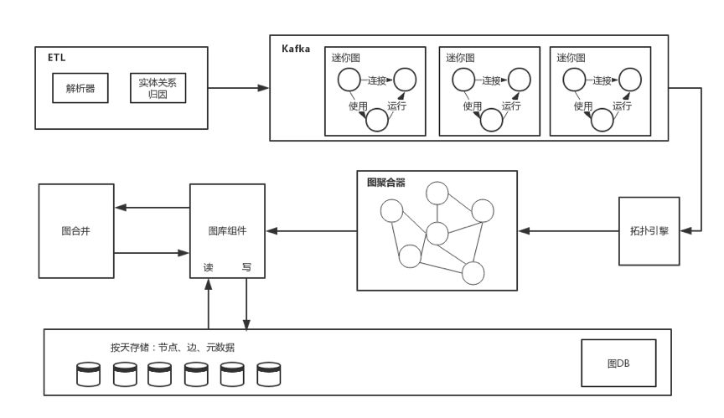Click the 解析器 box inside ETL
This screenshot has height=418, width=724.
pos(80,88)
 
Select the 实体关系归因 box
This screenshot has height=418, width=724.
pos(157,88)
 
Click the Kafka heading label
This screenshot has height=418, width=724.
pos(296,49)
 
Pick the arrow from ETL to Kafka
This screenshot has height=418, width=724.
pos(237,87)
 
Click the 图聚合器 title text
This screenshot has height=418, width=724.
pos(386,182)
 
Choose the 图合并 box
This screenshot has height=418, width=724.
pos(76,230)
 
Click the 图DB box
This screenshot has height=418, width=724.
pos(618,364)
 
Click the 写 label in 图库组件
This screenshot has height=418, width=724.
pos(246,269)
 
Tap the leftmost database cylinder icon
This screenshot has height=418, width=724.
pos(86,374)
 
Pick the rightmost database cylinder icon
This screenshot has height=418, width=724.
pos(267,374)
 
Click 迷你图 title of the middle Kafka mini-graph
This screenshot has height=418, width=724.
pos(460,58)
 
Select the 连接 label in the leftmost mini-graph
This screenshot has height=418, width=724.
pos(376,80)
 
